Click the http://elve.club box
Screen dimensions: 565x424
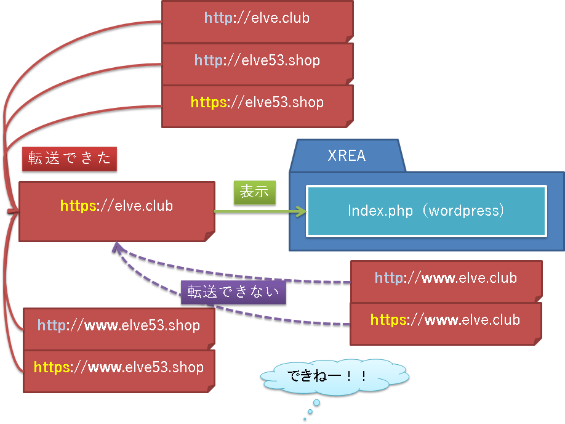coord(258,22)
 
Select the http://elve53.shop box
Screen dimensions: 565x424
coord(258,64)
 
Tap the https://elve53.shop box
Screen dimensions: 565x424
coord(258,107)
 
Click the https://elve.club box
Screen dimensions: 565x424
coord(117,211)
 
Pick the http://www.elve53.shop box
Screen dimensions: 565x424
coord(119,328)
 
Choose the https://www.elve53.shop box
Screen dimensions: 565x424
coord(119,372)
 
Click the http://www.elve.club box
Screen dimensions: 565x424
coord(446,282)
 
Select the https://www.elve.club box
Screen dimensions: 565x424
coord(446,324)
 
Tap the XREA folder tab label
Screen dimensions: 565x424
coord(347,155)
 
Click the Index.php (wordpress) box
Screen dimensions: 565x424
coord(427,211)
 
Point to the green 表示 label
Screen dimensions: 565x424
coord(255,192)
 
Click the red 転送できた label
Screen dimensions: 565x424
coord(70,158)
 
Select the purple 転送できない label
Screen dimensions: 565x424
coord(233,292)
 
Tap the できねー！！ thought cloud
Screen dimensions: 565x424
coord(335,377)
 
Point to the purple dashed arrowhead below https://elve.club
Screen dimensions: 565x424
coord(117,248)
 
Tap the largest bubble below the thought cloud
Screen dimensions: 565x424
coord(316,402)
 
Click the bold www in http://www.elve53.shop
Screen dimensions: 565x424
coord(102,326)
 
